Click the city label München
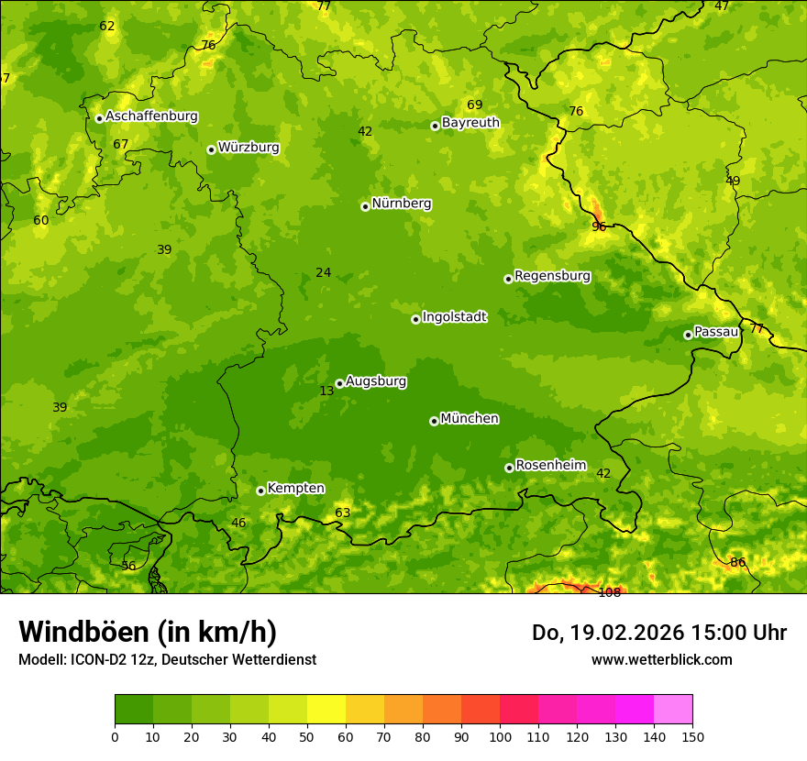469,419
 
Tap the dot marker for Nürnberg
365,206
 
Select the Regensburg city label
552,276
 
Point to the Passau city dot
688,335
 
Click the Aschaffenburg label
151,116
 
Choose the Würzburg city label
248,148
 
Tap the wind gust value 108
609,592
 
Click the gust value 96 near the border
599,226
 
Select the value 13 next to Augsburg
326,391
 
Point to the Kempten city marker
260,491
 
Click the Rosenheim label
550,466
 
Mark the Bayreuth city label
470,123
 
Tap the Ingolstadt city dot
415,319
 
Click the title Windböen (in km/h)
148,632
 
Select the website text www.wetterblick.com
661,659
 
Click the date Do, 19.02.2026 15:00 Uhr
658,633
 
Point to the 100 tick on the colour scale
500,735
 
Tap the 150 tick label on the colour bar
692,735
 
